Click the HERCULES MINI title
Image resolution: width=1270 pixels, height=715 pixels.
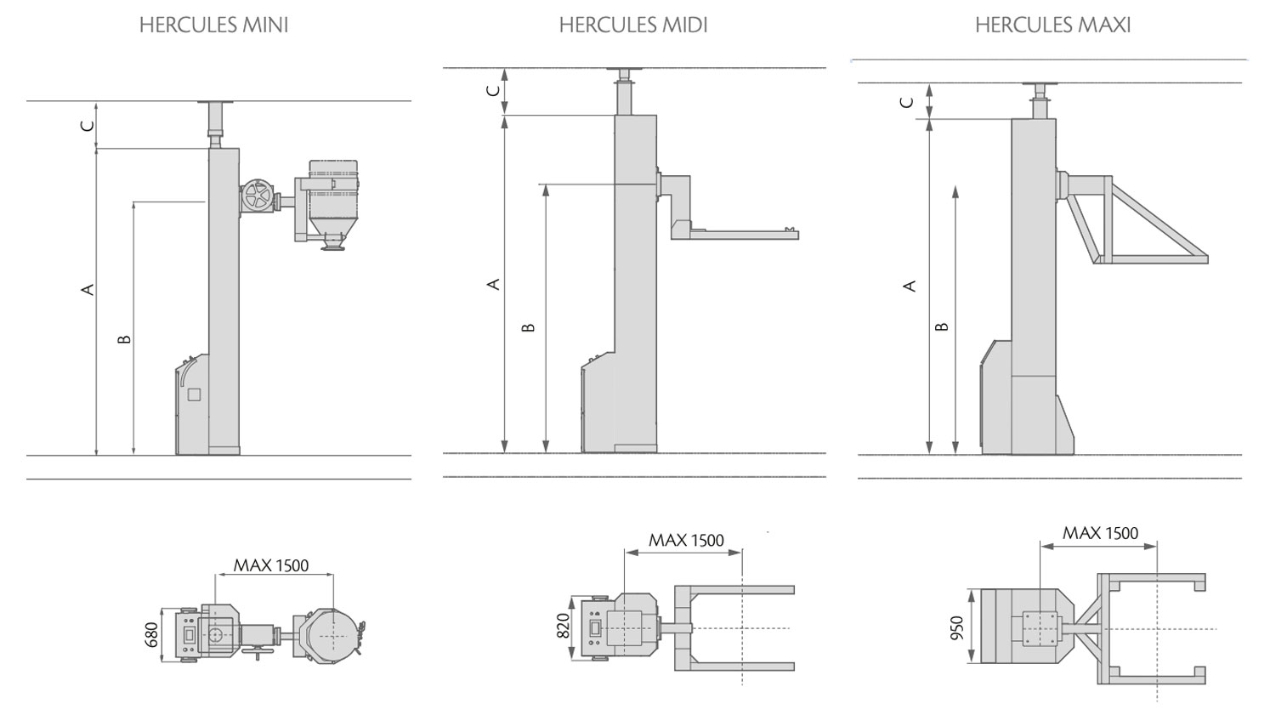tap(213, 26)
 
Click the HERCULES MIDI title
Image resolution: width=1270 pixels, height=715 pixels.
tap(632, 26)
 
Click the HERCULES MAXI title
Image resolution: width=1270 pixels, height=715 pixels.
tap(1053, 26)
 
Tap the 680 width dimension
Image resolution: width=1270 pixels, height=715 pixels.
tap(151, 635)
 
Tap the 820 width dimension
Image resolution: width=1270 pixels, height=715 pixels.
tap(563, 626)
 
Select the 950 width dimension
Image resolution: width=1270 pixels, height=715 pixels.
tap(956, 628)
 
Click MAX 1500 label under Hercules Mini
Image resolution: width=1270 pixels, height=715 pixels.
tap(271, 565)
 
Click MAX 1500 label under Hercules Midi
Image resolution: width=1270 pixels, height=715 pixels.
tap(686, 541)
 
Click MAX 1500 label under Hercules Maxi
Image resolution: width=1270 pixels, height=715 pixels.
tap(1100, 534)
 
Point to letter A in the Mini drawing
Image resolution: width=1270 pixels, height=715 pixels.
tap(88, 290)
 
